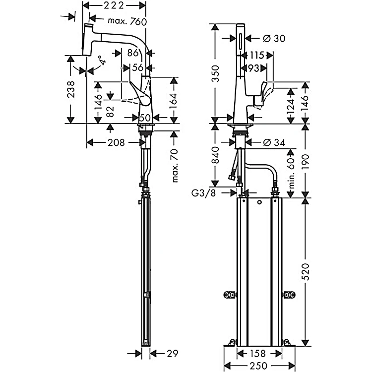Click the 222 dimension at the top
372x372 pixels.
pyautogui.click(x=115, y=6)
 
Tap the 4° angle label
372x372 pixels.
pyautogui.click(x=102, y=62)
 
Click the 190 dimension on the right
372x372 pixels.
pyautogui.click(x=306, y=161)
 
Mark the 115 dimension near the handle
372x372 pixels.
pyautogui.click(x=257, y=55)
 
